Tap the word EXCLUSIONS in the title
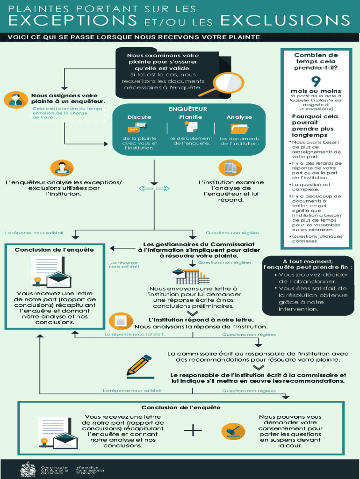click(x=285, y=21)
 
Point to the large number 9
click(x=316, y=80)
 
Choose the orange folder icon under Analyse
click(x=239, y=128)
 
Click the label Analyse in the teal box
click(x=239, y=117)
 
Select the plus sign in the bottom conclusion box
click(x=193, y=429)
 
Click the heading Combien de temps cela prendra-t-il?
click(x=316, y=61)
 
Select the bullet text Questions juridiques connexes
click(x=317, y=239)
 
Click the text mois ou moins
click(x=316, y=91)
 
